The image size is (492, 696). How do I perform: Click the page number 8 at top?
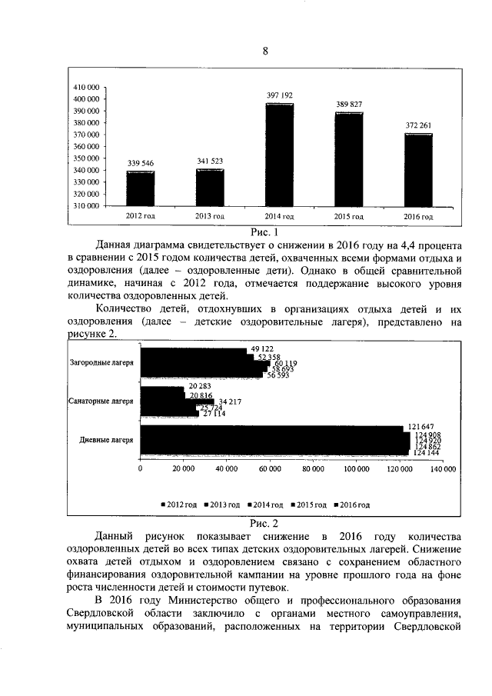(266, 52)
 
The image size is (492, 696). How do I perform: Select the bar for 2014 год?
(280, 155)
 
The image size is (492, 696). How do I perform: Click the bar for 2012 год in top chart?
(141, 188)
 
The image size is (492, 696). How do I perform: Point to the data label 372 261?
(418, 125)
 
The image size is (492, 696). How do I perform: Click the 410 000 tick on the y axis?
(86, 87)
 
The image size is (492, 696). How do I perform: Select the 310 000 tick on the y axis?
(86, 206)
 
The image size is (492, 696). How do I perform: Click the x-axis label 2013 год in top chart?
(210, 217)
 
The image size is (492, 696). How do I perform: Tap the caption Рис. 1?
(264, 230)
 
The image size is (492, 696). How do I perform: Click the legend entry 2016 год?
(355, 505)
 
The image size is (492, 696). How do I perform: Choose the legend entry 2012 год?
(181, 505)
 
